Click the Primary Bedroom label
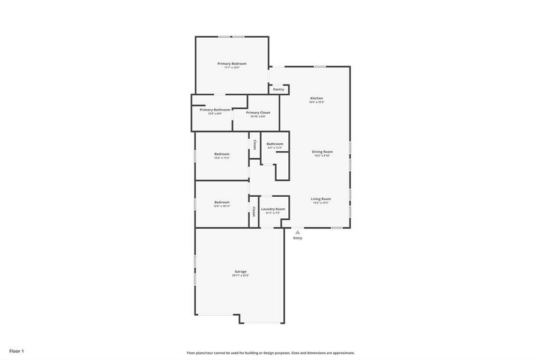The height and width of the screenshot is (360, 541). [x=232, y=64]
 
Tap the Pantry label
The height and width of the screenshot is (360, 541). [x=279, y=89]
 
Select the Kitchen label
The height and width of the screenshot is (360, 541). [x=316, y=98]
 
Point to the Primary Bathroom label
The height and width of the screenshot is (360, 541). [x=215, y=110]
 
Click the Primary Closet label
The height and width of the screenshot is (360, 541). [x=258, y=113]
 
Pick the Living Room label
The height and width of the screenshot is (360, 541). [x=321, y=199]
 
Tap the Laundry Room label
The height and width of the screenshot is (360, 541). [x=273, y=209]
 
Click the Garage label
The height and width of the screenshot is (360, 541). [x=240, y=271]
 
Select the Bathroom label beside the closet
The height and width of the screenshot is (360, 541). [x=275, y=144]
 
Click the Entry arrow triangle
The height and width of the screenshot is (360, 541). [x=297, y=232]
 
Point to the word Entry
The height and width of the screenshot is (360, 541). [x=298, y=238]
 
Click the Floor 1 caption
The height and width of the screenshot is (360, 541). [x=16, y=350]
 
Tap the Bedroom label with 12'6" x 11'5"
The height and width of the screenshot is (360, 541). [x=222, y=154]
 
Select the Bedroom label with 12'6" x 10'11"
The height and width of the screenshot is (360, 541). [x=222, y=202]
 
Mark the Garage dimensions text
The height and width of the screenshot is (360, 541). [x=240, y=275]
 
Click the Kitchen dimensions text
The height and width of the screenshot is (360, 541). [x=316, y=103]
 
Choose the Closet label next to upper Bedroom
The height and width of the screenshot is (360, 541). [x=255, y=145]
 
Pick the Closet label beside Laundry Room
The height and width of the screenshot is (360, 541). [x=255, y=211]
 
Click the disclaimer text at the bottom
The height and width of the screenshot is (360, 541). [x=270, y=353]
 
